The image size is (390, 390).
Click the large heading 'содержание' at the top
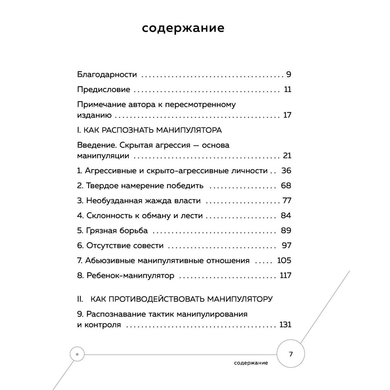(x=183, y=28)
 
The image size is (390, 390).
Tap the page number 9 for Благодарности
(x=288, y=75)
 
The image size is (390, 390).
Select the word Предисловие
(x=103, y=90)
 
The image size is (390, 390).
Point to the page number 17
(x=287, y=115)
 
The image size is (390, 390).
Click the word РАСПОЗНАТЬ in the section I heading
(x=127, y=130)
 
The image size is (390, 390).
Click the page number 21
(x=287, y=156)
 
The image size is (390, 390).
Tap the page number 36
(x=286, y=171)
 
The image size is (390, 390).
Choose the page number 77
(x=287, y=201)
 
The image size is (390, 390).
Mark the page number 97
(x=287, y=245)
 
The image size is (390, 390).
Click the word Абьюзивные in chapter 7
(x=110, y=261)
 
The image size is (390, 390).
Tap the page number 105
(x=284, y=261)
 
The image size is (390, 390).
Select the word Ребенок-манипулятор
(x=130, y=275)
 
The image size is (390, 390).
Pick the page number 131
(x=285, y=325)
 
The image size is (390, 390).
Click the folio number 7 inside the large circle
(x=291, y=354)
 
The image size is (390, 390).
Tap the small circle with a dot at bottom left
(x=77, y=354)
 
